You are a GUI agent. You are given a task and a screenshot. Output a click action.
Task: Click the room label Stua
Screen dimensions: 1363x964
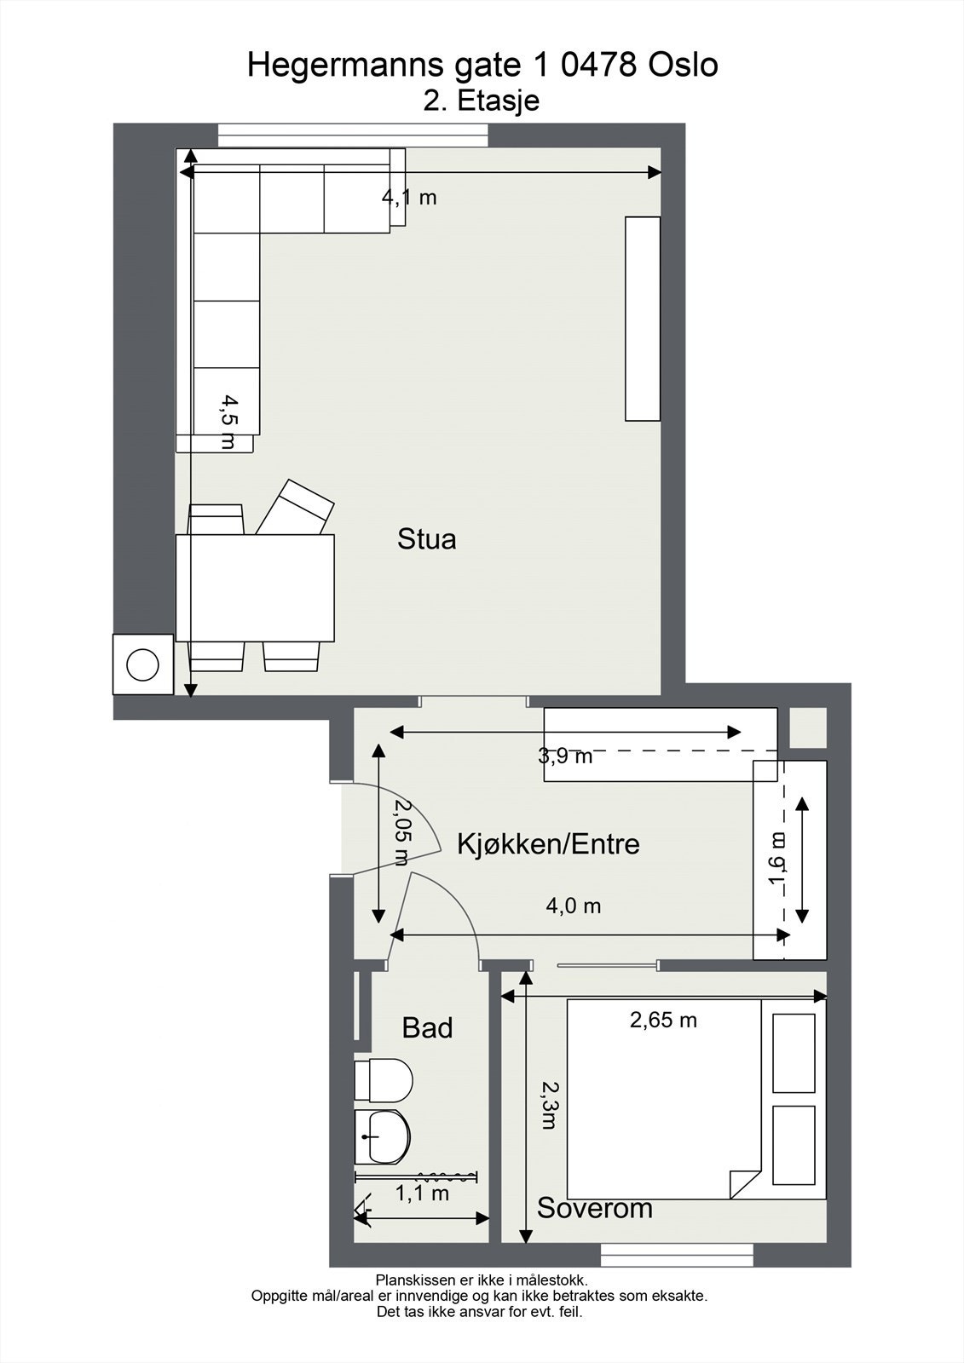[426, 539]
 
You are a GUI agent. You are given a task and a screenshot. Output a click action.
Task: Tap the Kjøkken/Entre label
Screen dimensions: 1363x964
[548, 844]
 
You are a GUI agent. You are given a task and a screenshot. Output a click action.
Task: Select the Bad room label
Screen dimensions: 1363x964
[427, 1028]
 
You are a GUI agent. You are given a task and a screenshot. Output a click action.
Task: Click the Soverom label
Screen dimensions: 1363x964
[594, 1208]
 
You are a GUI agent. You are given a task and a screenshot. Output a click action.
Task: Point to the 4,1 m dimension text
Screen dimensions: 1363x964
[409, 198]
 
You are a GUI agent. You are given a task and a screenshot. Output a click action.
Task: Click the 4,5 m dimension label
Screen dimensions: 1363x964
[228, 421]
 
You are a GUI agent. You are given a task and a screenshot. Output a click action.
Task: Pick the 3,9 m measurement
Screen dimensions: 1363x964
[565, 756]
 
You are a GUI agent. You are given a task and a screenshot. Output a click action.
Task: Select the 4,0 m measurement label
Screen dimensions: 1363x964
[573, 906]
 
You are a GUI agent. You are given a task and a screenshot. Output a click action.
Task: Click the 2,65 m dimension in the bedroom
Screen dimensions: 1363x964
[663, 1020]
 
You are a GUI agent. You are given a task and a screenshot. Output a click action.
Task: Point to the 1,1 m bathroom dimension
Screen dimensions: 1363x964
[422, 1193]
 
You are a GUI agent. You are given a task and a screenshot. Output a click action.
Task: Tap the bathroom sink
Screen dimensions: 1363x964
[383, 1136]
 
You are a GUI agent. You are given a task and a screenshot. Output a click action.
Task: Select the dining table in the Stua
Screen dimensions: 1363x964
[255, 588]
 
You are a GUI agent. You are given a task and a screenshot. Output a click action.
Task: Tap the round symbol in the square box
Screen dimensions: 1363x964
[142, 664]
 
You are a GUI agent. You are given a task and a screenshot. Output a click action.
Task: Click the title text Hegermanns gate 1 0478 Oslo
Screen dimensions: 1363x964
[482, 66]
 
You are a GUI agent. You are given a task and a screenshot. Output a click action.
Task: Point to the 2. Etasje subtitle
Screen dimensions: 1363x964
[482, 101]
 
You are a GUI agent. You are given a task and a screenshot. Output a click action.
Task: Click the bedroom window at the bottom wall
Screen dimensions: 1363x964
[677, 1255]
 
